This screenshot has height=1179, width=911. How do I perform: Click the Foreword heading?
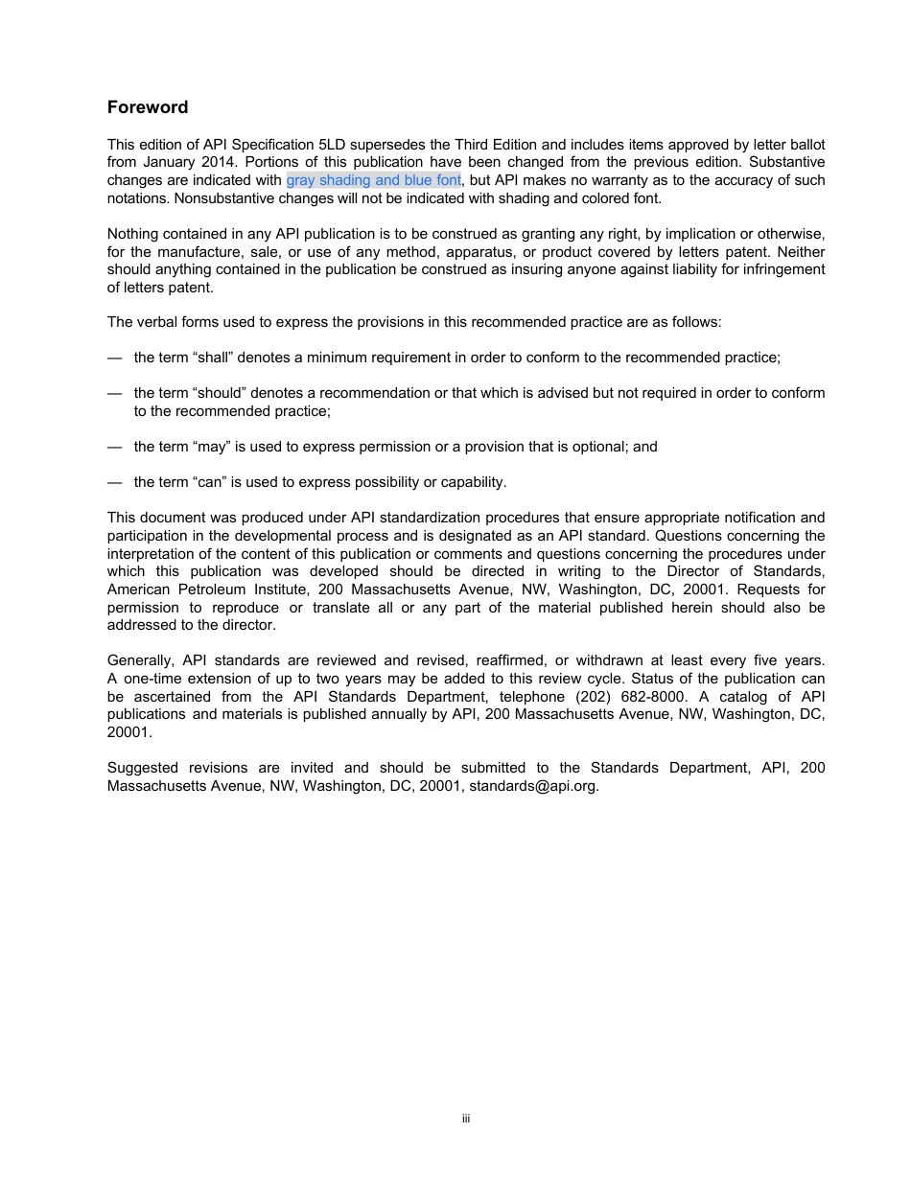point(148,107)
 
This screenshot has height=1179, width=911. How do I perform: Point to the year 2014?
point(215,162)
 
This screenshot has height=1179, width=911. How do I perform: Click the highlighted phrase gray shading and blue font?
point(373,180)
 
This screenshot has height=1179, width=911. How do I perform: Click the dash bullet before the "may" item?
point(114,447)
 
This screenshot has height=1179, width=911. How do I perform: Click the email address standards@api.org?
point(533,786)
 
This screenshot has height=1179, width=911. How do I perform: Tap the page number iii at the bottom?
point(465,1119)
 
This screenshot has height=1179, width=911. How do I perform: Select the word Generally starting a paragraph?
point(140,660)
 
